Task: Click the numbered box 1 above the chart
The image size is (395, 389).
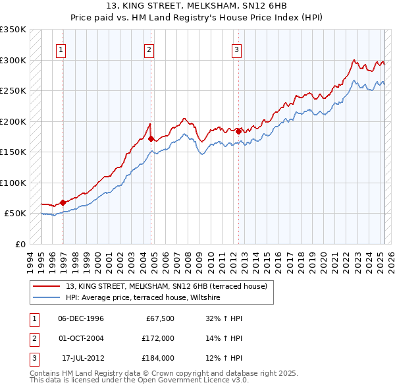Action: [61, 49]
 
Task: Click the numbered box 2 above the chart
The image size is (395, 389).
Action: [149, 49]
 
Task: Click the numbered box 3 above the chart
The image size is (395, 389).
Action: [236, 49]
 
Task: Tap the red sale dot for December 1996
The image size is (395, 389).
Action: [63, 202]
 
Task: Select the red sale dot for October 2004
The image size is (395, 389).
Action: [151, 138]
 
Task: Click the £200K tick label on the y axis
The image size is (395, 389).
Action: [13, 121]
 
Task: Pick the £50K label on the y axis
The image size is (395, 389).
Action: [16, 213]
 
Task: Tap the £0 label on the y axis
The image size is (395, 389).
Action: [20, 244]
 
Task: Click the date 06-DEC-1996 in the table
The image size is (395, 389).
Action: [81, 318]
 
